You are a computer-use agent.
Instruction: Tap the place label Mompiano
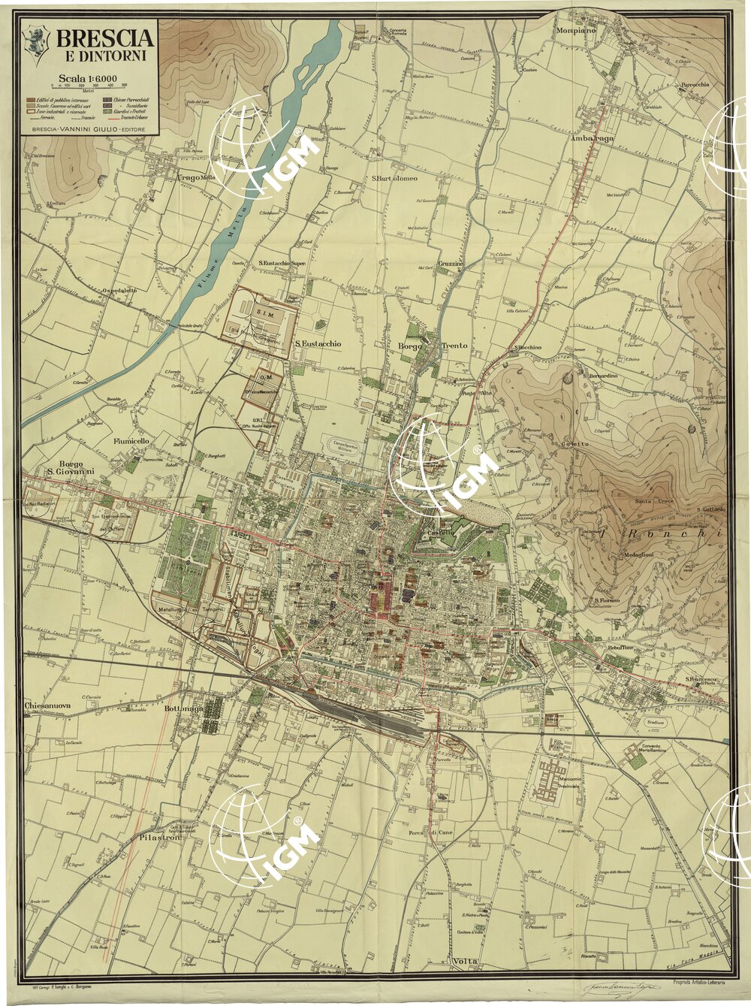[575, 31]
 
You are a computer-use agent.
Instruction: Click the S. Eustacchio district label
[318, 343]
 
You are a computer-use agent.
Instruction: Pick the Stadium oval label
[655, 722]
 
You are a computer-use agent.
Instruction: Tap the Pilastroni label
[160, 836]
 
